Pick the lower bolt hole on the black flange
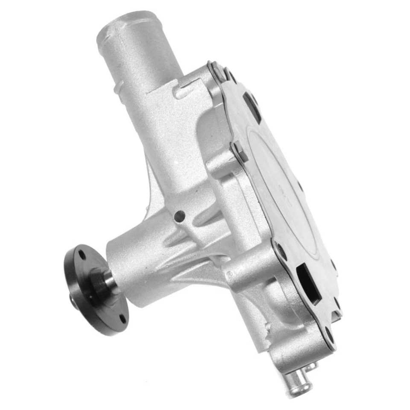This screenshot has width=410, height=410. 123,318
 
